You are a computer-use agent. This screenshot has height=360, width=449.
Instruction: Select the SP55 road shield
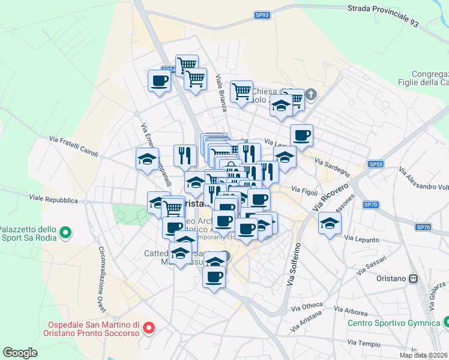pyautogui.click(x=376, y=164)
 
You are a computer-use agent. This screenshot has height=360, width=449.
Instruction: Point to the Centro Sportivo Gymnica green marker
pyautogui.click(x=445, y=323)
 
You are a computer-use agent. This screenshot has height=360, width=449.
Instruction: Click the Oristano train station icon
pyautogui.click(x=413, y=278)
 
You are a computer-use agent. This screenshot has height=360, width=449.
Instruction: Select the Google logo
pyautogui.click(x=20, y=352)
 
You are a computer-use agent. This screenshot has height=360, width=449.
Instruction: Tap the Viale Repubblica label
pyautogui.click(x=54, y=199)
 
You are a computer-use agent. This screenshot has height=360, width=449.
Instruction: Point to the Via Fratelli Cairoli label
pyautogui.click(x=73, y=146)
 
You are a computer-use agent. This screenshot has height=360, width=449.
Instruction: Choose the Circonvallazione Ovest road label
pyautogui.click(x=101, y=279)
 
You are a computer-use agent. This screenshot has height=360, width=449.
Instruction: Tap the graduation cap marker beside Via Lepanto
pyautogui.click(x=330, y=223)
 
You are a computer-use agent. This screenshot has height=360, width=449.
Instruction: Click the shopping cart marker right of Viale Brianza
pyautogui.click(x=241, y=91)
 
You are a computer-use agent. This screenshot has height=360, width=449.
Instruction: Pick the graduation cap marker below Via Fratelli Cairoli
pyautogui.click(x=146, y=159)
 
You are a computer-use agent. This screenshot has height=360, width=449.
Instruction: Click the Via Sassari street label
pyautogui.click(x=370, y=265)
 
